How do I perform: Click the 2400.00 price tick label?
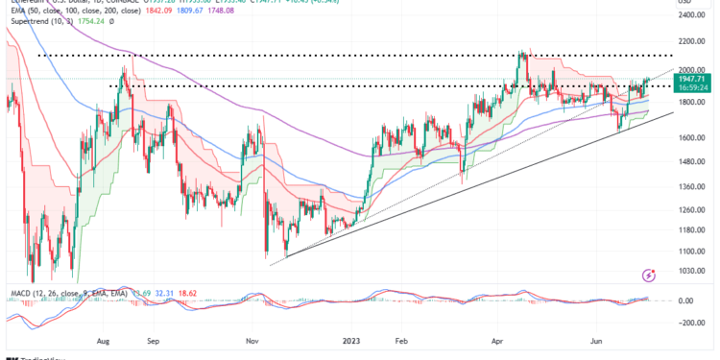click(x=689, y=15)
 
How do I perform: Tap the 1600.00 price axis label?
click(x=689, y=137)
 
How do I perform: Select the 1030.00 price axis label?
click(x=689, y=272)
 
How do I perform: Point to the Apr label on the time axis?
click(x=497, y=339)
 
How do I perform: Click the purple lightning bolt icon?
click(x=650, y=276)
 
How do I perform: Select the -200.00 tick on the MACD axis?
click(x=689, y=324)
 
